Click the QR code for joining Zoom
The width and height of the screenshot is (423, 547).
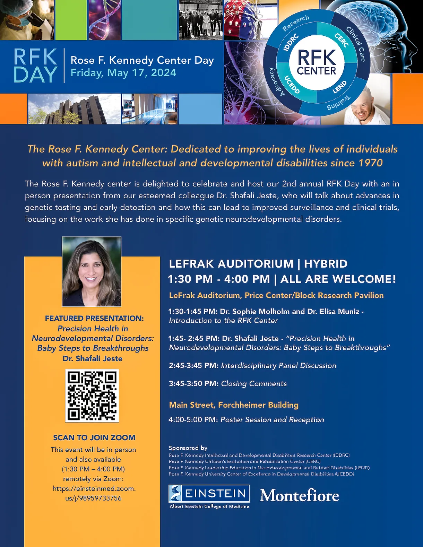[92, 396]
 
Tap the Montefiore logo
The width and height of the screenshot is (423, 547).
[299, 495]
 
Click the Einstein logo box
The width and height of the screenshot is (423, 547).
[209, 493]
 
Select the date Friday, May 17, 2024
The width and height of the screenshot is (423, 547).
[123, 73]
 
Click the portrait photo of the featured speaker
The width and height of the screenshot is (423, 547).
[92, 272]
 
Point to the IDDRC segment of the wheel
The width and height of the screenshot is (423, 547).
[291, 43]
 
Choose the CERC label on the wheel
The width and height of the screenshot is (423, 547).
[342, 40]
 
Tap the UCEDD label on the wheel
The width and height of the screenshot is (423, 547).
[292, 85]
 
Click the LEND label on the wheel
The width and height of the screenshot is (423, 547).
[339, 87]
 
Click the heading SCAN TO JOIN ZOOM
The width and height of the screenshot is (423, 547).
[94, 437]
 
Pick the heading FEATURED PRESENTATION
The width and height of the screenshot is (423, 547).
[94, 318]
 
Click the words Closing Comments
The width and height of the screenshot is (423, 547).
[254, 384]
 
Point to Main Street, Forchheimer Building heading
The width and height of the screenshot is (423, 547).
[234, 405]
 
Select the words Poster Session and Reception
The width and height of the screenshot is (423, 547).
[272, 420]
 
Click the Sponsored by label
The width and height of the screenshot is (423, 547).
[188, 448]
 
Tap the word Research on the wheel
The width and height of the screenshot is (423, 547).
[295, 23]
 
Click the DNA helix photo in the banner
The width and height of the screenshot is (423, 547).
[104, 20]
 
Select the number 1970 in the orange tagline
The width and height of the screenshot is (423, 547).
[371, 163]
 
